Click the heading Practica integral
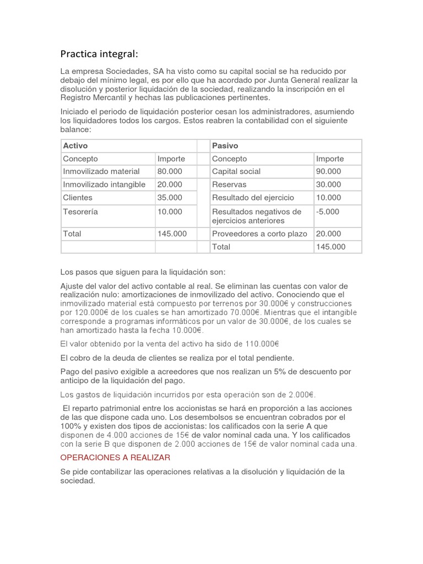(x=99, y=54)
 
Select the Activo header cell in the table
(x=75, y=145)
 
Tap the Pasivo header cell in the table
(x=224, y=145)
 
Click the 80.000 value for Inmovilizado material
(x=170, y=171)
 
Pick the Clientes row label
(x=78, y=197)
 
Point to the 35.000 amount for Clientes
(x=170, y=197)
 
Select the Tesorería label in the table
(x=80, y=211)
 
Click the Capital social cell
(x=236, y=171)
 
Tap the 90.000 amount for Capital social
(x=328, y=171)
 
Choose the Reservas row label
(x=229, y=185)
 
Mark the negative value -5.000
(x=328, y=211)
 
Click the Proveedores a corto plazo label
(x=259, y=234)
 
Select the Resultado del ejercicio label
(x=253, y=197)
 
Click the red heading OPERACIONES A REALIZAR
(x=115, y=458)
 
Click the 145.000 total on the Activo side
(x=172, y=234)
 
